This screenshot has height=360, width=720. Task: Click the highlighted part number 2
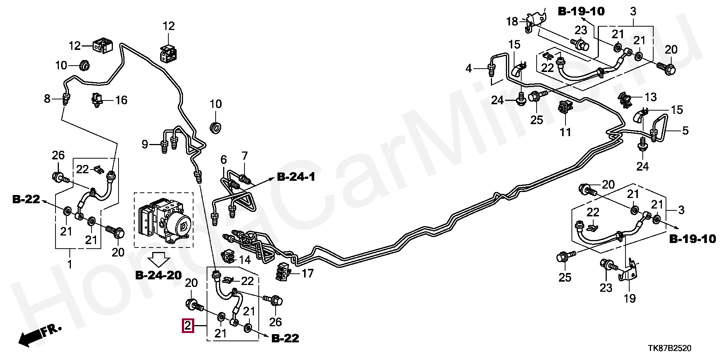(187, 325)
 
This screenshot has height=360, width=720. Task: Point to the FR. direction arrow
(39, 335)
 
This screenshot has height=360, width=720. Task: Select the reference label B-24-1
(296, 177)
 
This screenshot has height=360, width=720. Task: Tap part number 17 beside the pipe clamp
(307, 274)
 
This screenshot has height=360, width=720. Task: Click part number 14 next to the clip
(244, 259)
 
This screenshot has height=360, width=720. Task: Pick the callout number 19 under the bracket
(630, 298)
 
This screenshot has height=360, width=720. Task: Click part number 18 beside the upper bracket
(512, 21)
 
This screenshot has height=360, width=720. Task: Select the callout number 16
(121, 100)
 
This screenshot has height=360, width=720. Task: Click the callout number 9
(145, 144)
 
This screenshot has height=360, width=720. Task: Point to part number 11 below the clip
(565, 132)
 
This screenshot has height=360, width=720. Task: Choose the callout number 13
(651, 97)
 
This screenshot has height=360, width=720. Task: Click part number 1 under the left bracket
(70, 265)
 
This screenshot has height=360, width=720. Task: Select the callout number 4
(469, 69)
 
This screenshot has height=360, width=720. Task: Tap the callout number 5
(685, 131)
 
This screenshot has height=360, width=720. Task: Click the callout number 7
(244, 155)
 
